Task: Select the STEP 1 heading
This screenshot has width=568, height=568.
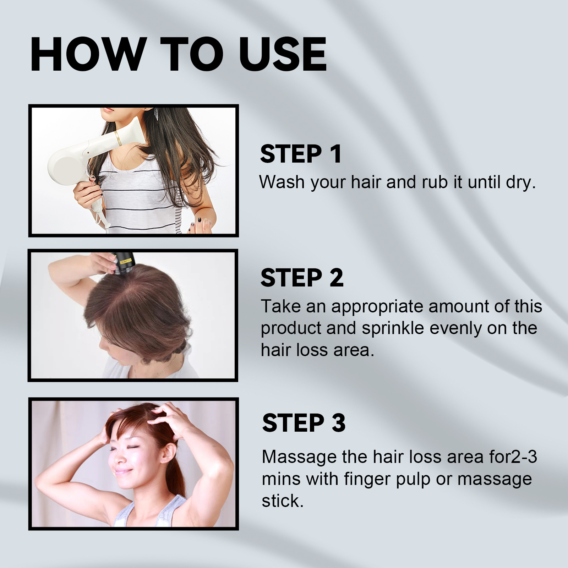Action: (301, 154)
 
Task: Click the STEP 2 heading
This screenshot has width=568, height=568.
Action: (302, 278)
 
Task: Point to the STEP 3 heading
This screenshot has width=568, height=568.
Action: (304, 423)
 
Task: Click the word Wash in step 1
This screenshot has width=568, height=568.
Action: (282, 182)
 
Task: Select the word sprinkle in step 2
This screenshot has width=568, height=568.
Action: (393, 328)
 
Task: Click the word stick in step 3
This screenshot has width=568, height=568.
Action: (282, 501)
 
